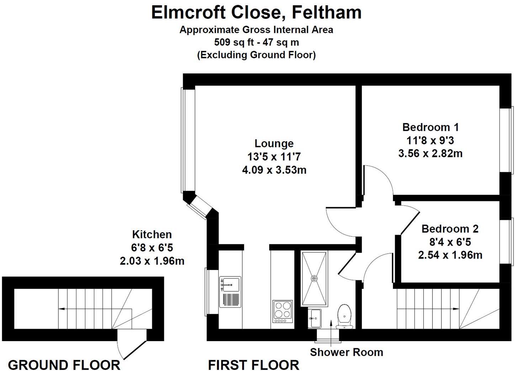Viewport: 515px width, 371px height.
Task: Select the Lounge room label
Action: click(x=274, y=143)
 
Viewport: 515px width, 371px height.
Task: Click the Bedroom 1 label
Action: click(x=430, y=127)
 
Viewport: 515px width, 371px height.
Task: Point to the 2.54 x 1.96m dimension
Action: click(x=450, y=255)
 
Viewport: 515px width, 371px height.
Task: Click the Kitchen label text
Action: click(x=152, y=234)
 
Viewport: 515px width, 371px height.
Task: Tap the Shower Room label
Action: click(x=346, y=352)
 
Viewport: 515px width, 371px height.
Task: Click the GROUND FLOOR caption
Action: click(x=64, y=365)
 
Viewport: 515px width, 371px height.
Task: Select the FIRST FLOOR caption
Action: click(x=253, y=365)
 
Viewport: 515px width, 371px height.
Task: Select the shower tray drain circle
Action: click(x=314, y=279)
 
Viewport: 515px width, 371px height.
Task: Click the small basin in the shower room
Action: click(x=315, y=318)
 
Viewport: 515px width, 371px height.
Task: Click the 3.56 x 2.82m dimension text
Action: click(x=430, y=153)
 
